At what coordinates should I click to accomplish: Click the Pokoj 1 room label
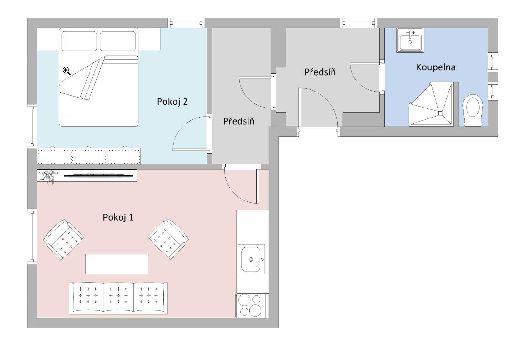click(118, 217)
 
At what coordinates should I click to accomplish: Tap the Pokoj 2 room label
click(172, 102)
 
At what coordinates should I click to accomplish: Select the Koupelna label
click(436, 67)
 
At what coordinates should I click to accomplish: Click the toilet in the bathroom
click(473, 110)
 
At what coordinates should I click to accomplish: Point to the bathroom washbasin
click(410, 40)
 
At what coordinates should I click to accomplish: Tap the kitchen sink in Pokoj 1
click(251, 259)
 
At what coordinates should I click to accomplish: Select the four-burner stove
click(252, 305)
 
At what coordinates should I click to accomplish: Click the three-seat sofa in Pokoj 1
click(118, 298)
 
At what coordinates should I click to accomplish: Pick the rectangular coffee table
click(117, 264)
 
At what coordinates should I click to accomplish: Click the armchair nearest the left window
click(64, 239)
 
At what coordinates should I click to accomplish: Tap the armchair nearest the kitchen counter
click(168, 239)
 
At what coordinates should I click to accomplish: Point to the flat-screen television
click(99, 176)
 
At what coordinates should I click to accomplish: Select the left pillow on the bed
click(79, 41)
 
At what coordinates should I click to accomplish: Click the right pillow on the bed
click(117, 41)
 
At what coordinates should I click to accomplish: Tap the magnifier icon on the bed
click(67, 71)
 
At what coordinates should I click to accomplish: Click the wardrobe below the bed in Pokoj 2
click(89, 157)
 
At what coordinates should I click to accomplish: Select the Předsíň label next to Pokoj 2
click(239, 121)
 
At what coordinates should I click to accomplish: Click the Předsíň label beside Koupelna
click(320, 72)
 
